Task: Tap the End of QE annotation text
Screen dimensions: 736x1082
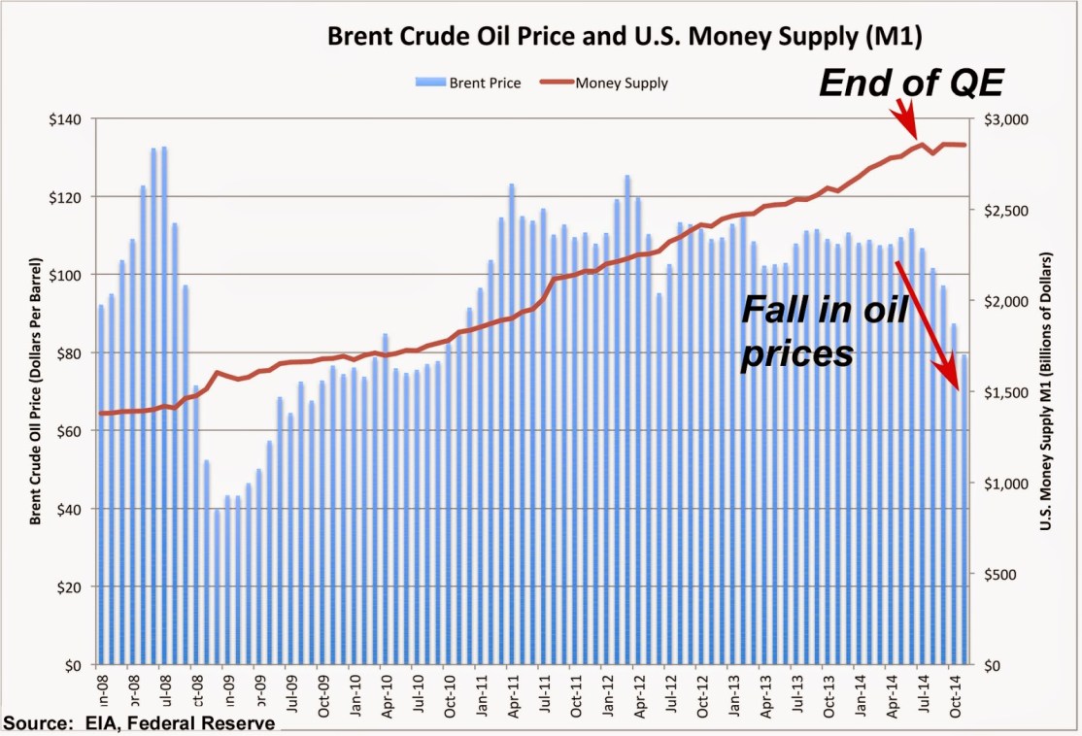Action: (911, 83)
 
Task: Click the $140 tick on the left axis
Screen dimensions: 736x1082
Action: (75, 118)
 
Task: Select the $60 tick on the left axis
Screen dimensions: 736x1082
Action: (78, 431)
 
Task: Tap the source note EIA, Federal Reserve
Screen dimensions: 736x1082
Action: (139, 723)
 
